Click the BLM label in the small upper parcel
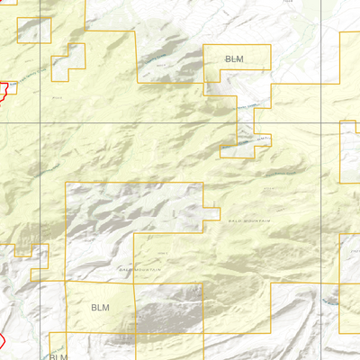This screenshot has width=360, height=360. tap(234, 58)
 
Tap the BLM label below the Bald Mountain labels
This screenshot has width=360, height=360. tap(100, 308)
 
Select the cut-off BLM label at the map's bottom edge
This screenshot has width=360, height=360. tap(58, 356)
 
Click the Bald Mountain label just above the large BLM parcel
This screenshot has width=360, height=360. tap(140, 269)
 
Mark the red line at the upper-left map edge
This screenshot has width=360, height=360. tap(4, 90)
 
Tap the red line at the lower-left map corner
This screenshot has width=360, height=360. tap(3, 342)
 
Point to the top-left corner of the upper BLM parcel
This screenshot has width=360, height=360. tap(206, 45)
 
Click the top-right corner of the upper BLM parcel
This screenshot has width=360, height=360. tap(270, 45)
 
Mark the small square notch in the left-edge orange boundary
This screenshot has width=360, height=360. tap(22, 251)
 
